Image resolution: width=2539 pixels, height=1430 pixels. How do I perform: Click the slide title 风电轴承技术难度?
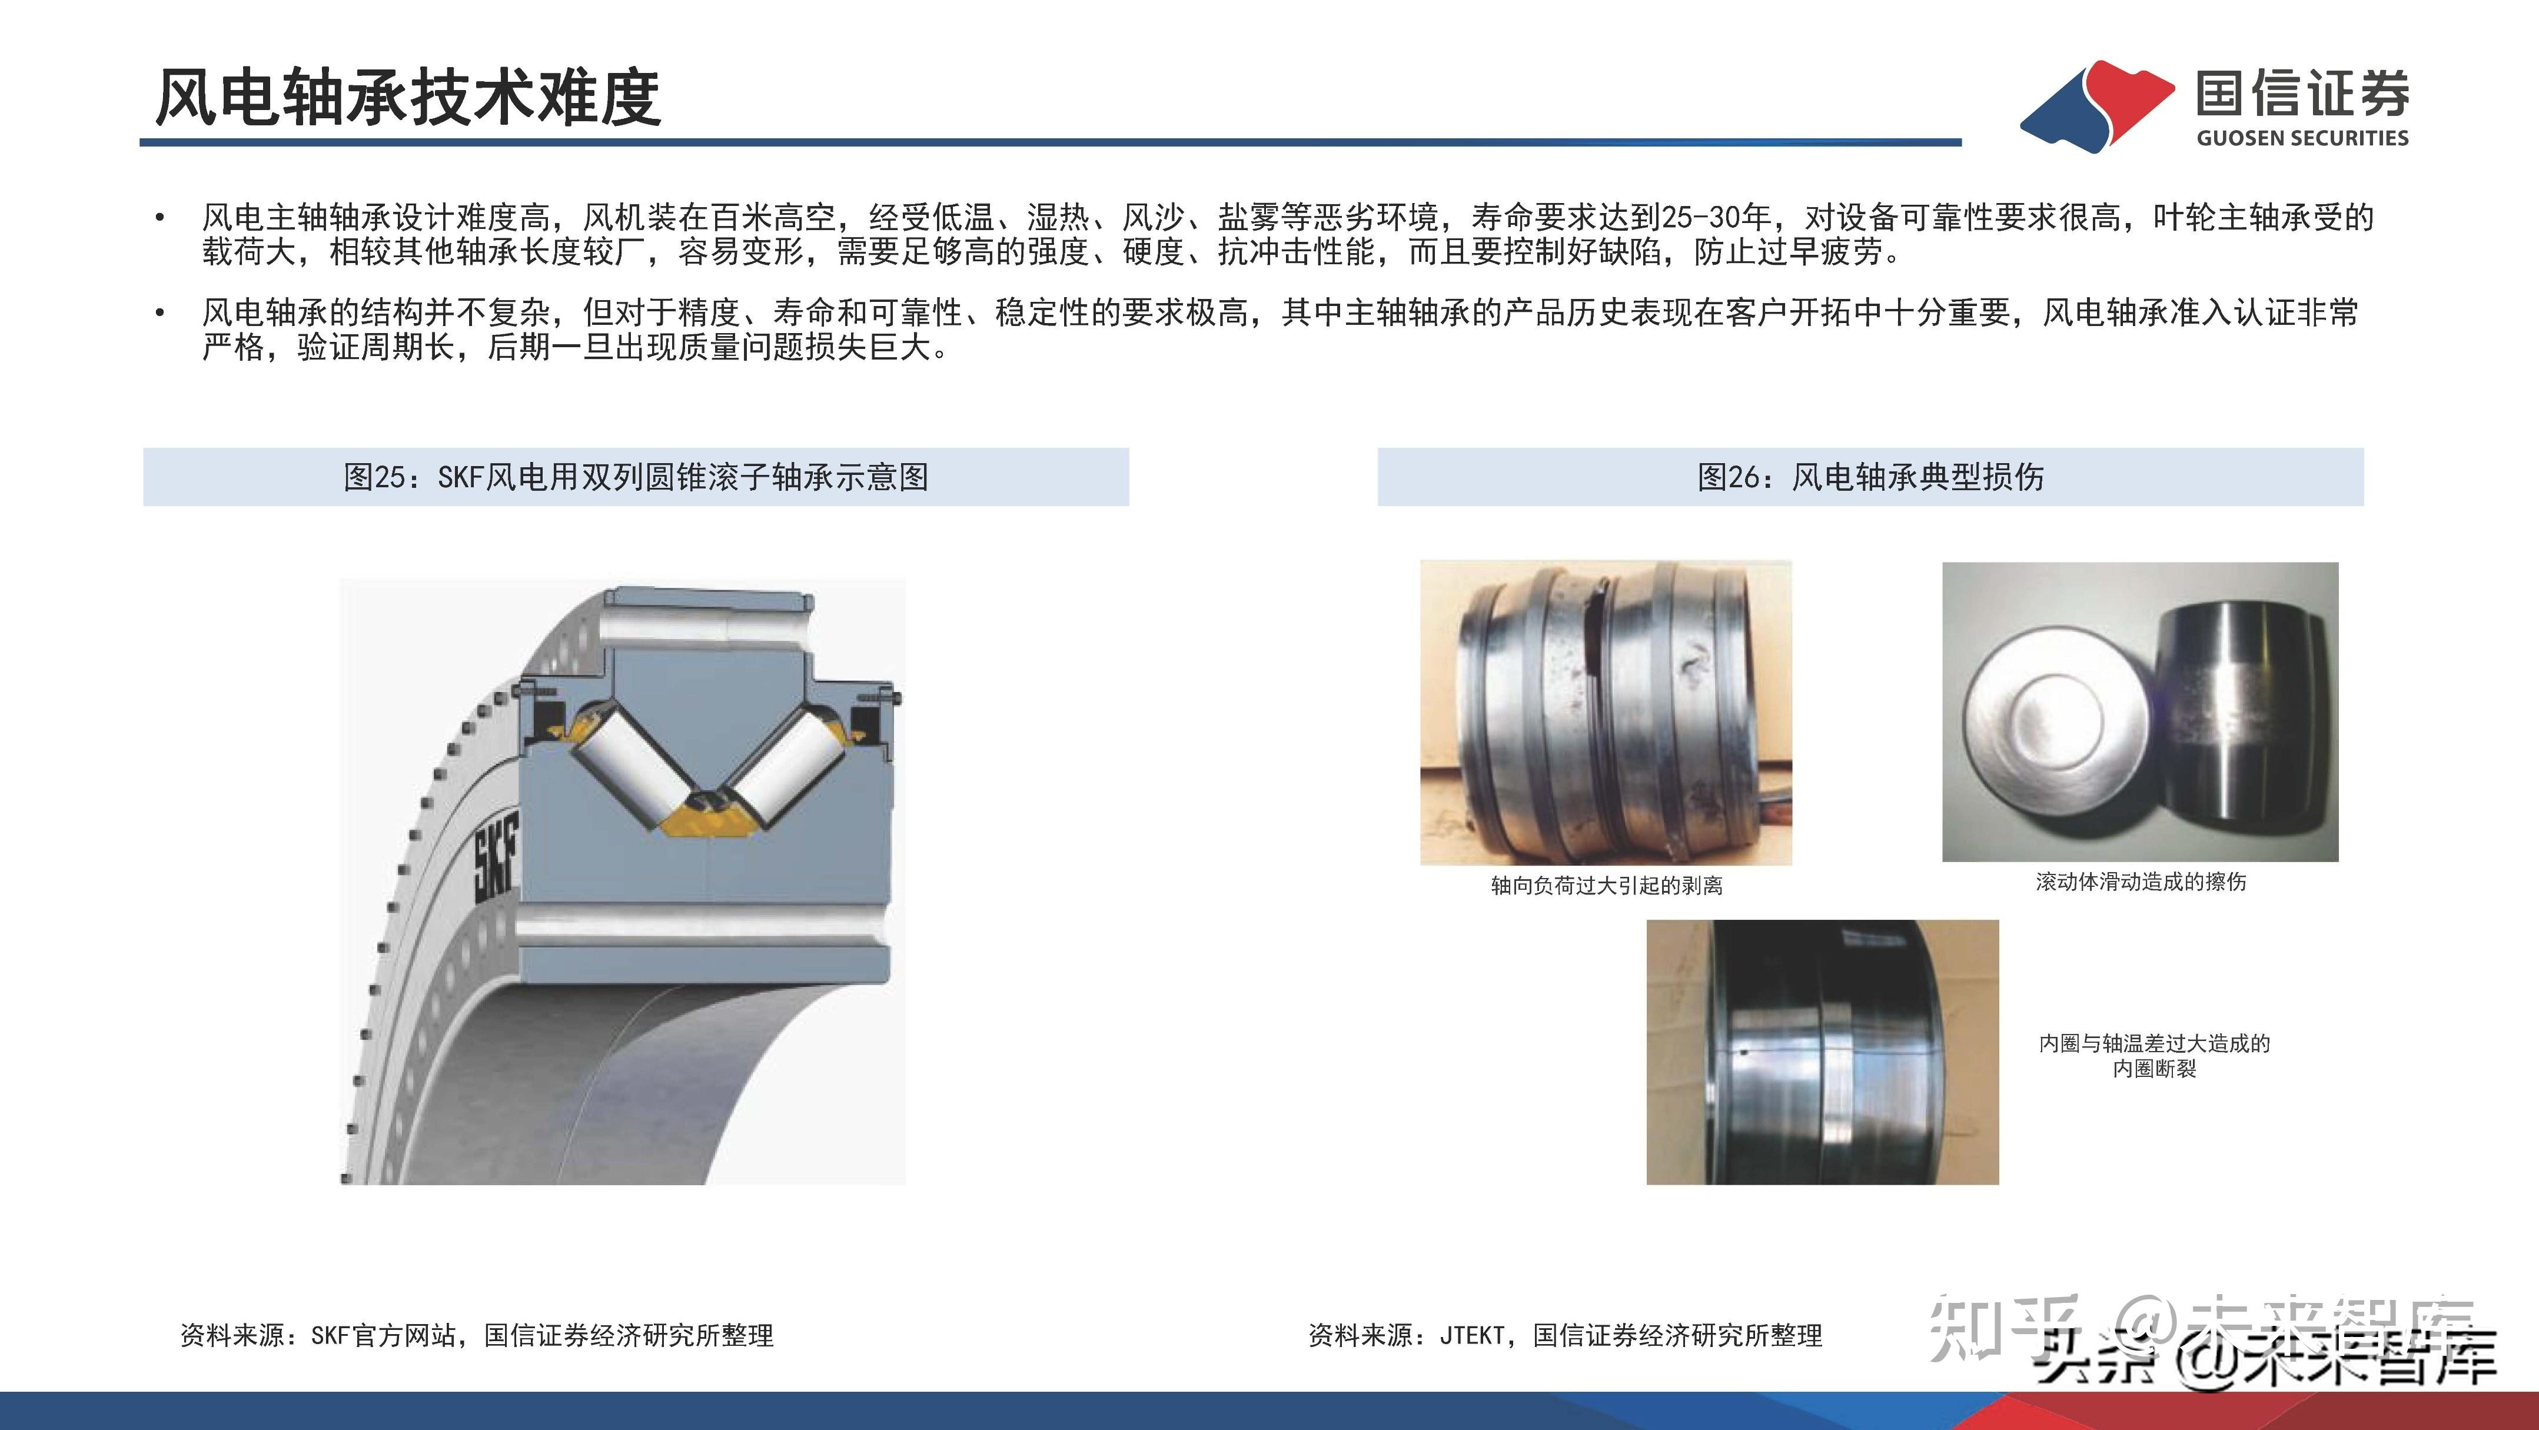[408, 98]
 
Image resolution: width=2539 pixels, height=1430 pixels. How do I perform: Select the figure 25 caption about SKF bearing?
[636, 477]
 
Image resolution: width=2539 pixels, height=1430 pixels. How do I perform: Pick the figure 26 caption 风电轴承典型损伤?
[1870, 477]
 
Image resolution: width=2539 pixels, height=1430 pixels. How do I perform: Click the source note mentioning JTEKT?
[1565, 1335]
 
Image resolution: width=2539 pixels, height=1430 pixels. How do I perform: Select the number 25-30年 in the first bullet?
[1716, 217]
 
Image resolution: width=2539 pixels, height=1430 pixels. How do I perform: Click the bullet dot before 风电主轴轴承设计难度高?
[159, 218]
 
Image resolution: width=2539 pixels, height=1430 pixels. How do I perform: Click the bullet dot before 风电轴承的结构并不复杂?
[159, 314]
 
